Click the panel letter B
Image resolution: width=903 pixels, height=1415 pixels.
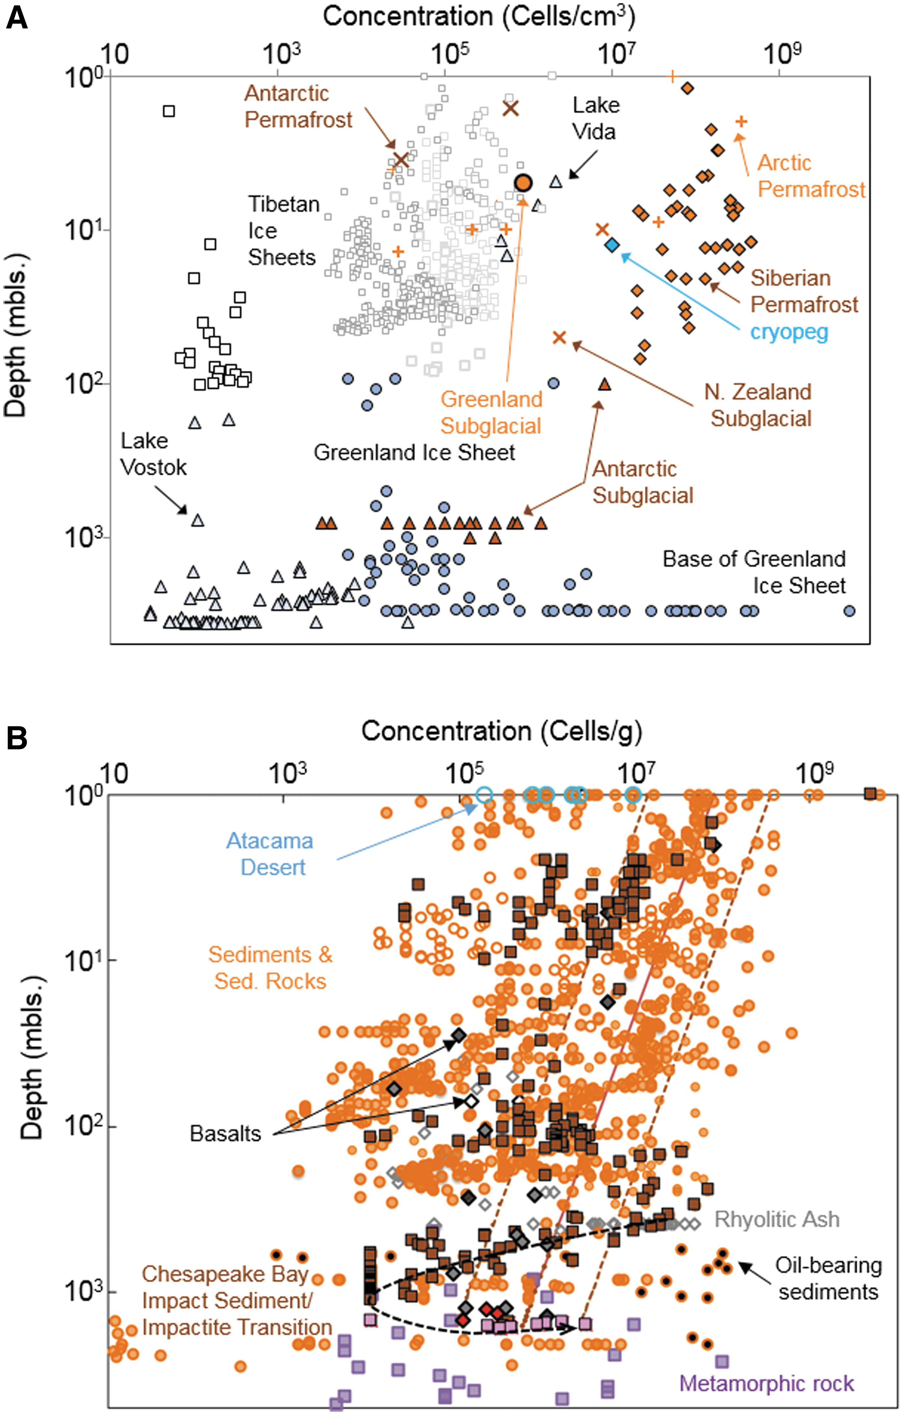pyautogui.click(x=17, y=739)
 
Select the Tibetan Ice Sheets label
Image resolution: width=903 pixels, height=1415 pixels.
pyautogui.click(x=283, y=230)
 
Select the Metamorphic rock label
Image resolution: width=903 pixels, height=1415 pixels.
pyautogui.click(x=767, y=1383)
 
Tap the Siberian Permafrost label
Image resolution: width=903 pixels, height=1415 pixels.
pyautogui.click(x=804, y=291)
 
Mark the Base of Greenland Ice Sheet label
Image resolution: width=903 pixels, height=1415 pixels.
pyautogui.click(x=754, y=572)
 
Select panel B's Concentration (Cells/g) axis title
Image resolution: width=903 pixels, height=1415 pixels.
pyautogui.click(x=501, y=732)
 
